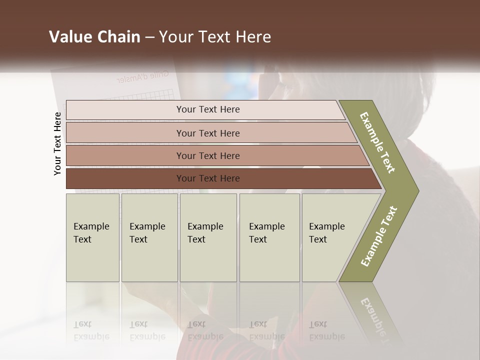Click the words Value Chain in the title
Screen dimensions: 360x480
point(94,37)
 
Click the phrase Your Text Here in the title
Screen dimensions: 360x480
point(215,37)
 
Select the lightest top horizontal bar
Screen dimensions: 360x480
point(125,110)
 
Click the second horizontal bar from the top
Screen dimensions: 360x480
point(125,133)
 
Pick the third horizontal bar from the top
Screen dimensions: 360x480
point(125,155)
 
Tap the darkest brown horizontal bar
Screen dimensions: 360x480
point(125,178)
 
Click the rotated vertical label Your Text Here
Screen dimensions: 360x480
point(57,144)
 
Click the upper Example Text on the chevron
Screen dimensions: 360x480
point(377,142)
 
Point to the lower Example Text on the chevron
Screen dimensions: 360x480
point(379,236)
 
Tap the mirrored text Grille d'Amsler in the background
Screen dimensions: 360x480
point(143,77)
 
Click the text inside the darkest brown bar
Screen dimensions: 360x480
point(208,178)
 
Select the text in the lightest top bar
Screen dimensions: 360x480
point(208,109)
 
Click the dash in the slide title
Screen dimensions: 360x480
point(149,37)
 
